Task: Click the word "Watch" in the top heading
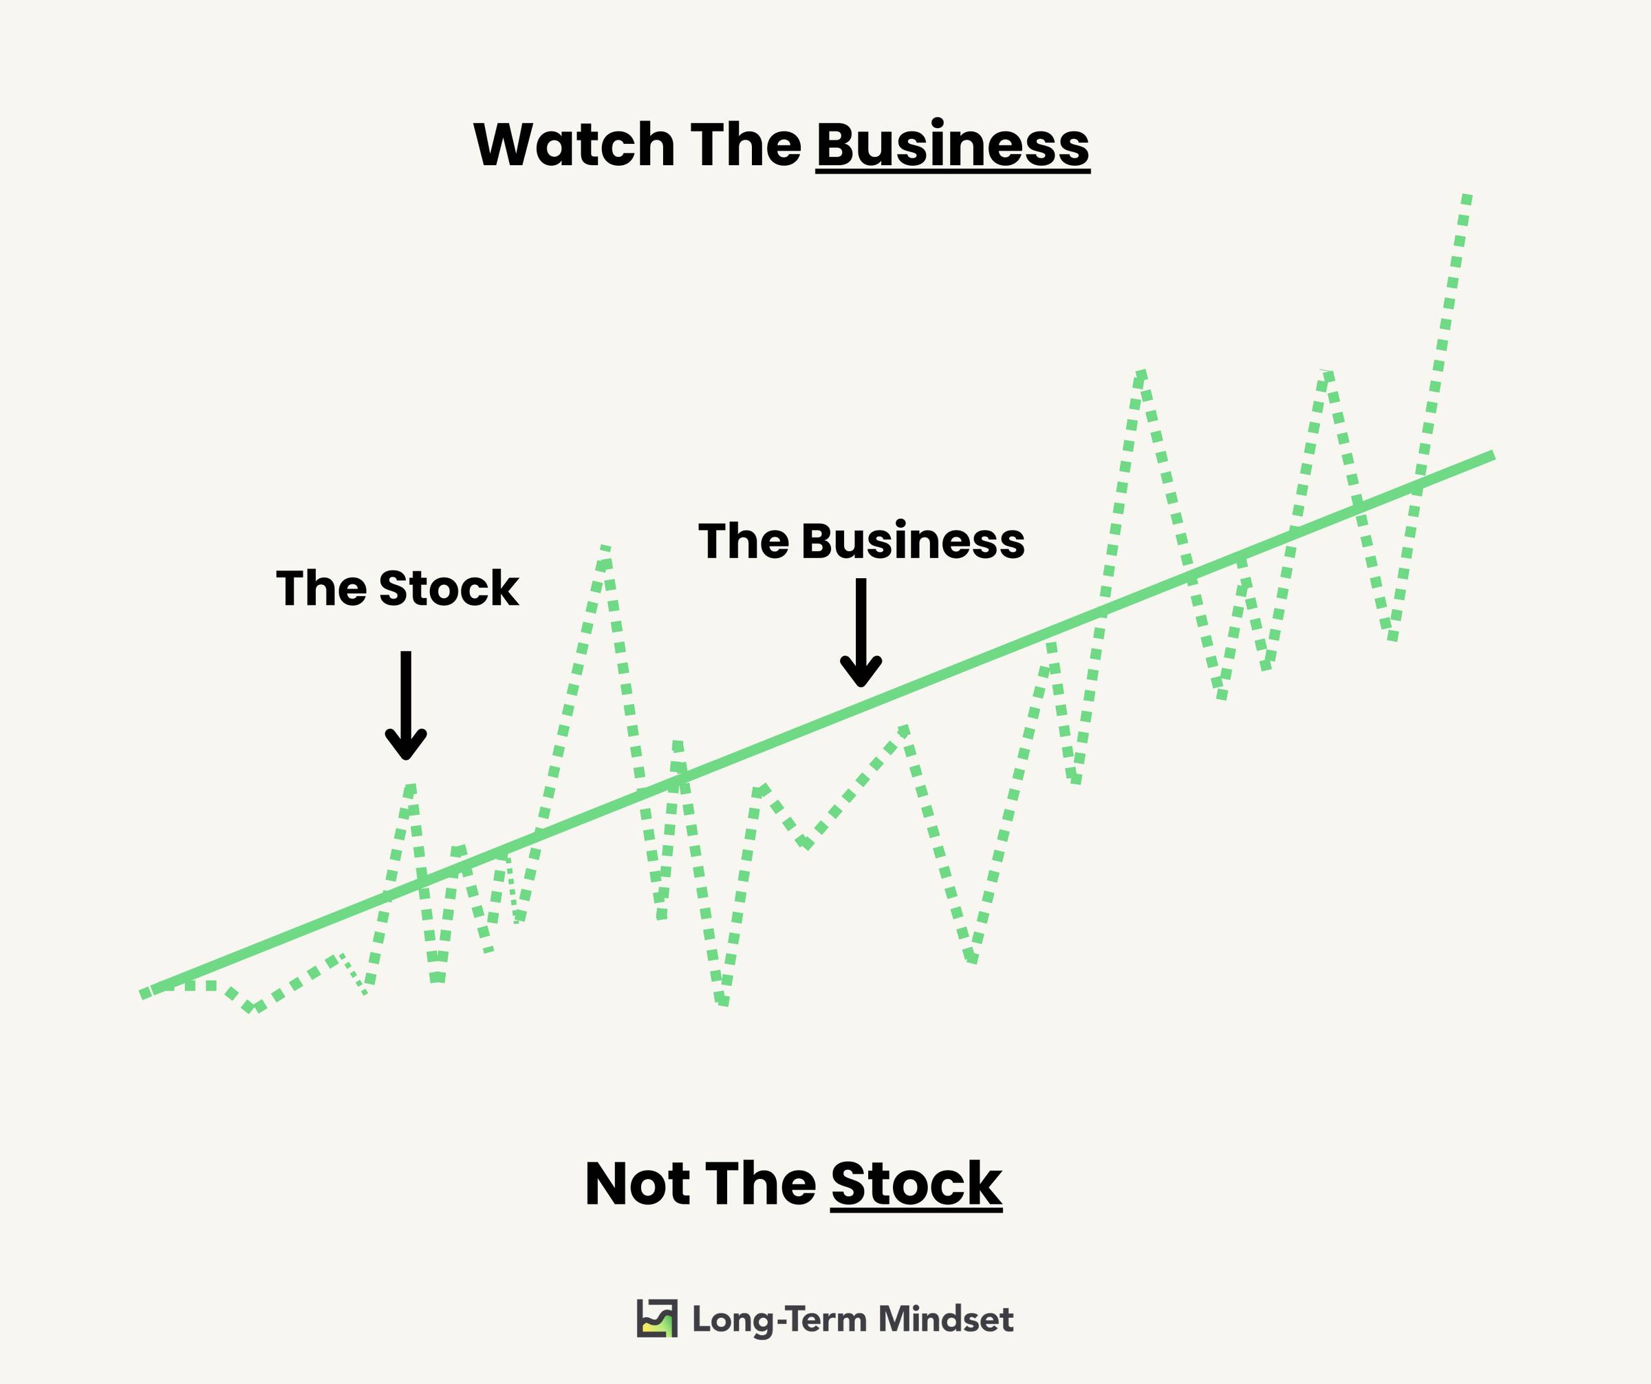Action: [x=574, y=145]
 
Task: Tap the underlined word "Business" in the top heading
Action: [x=953, y=145]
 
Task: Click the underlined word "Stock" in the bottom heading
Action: [x=916, y=1184]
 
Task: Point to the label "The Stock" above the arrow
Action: [x=397, y=588]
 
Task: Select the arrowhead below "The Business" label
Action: [x=861, y=672]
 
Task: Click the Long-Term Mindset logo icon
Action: [x=656, y=1319]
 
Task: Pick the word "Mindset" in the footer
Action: [x=946, y=1319]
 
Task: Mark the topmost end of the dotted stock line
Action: [x=1466, y=196]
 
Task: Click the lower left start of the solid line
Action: [x=142, y=994]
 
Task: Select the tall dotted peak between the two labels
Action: [x=605, y=547]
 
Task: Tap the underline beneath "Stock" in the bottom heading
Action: [x=916, y=1209]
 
